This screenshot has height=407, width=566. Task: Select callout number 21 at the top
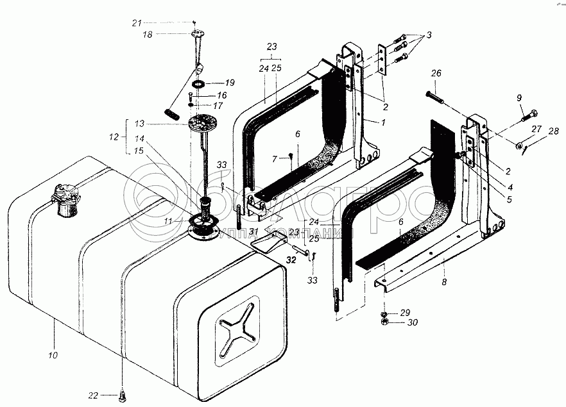(x=136, y=23)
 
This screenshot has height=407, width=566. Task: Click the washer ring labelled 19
(x=198, y=84)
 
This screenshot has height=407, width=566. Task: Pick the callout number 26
(x=436, y=74)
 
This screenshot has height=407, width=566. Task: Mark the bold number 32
(x=291, y=260)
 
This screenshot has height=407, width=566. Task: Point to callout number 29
(x=405, y=312)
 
